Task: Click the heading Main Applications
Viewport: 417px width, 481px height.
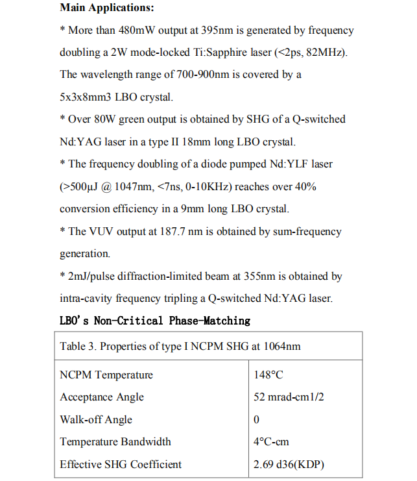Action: (x=108, y=8)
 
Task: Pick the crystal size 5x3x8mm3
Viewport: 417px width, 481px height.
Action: (x=89, y=97)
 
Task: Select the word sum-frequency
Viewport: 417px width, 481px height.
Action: (x=308, y=232)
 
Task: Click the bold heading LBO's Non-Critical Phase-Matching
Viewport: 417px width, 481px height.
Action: (x=154, y=321)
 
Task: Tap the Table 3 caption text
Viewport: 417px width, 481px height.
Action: (x=180, y=346)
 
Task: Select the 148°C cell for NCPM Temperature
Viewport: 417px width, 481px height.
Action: (x=268, y=375)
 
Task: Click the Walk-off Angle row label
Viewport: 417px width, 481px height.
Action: (x=96, y=420)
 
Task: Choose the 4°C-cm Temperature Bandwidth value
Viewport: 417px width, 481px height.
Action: (x=271, y=442)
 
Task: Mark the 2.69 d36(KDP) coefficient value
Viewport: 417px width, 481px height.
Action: (x=289, y=465)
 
